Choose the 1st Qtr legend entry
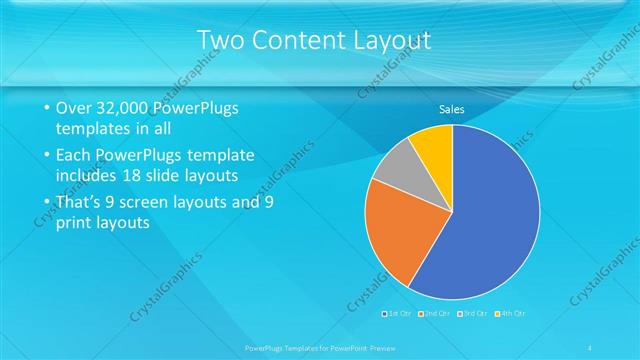pyautogui.click(x=396, y=313)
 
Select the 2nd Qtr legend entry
pyautogui.click(x=434, y=313)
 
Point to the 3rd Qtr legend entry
pyautogui.click(x=472, y=313)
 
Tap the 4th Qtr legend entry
pyautogui.click(x=509, y=313)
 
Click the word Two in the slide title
pyautogui.click(x=224, y=40)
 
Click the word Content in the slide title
pyautogui.click(x=308, y=40)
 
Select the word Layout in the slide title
pyautogui.click(x=397, y=40)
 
